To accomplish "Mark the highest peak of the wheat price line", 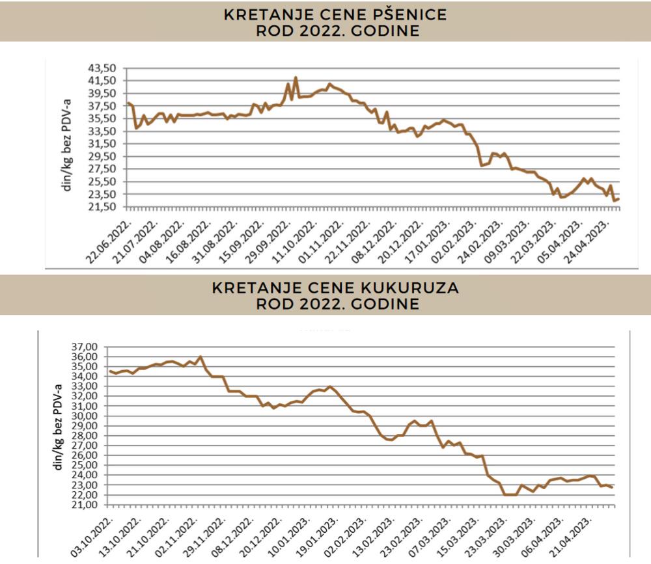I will coord(296,77).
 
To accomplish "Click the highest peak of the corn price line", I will coord(201,356).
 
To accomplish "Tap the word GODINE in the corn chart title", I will coord(391,304).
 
